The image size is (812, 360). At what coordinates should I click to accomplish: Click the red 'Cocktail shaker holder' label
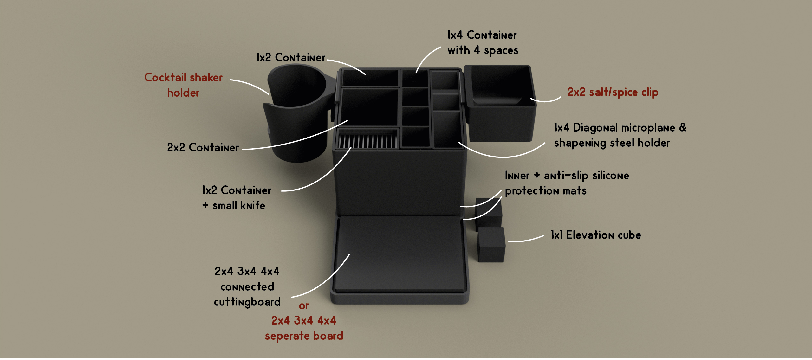click(x=183, y=85)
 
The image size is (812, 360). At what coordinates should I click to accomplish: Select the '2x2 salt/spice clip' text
click(x=613, y=92)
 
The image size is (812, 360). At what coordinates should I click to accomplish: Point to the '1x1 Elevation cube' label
click(x=596, y=235)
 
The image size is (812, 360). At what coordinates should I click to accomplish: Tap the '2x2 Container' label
click(x=203, y=148)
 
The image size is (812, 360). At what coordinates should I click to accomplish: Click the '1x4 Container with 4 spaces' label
click(x=482, y=42)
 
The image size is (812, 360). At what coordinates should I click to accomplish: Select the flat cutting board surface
click(x=400, y=254)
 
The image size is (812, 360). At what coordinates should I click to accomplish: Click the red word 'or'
click(x=303, y=306)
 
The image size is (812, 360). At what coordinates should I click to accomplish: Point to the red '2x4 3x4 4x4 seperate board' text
click(x=304, y=328)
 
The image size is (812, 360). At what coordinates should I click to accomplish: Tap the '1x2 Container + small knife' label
click(x=237, y=198)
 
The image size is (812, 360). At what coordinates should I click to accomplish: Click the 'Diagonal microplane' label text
click(x=620, y=128)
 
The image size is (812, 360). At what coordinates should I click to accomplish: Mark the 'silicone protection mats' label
click(x=567, y=183)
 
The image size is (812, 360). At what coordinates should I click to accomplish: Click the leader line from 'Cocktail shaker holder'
click(x=250, y=85)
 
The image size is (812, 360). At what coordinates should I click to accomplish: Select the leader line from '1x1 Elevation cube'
click(x=526, y=239)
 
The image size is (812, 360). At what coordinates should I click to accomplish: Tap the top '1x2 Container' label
click(x=290, y=58)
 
